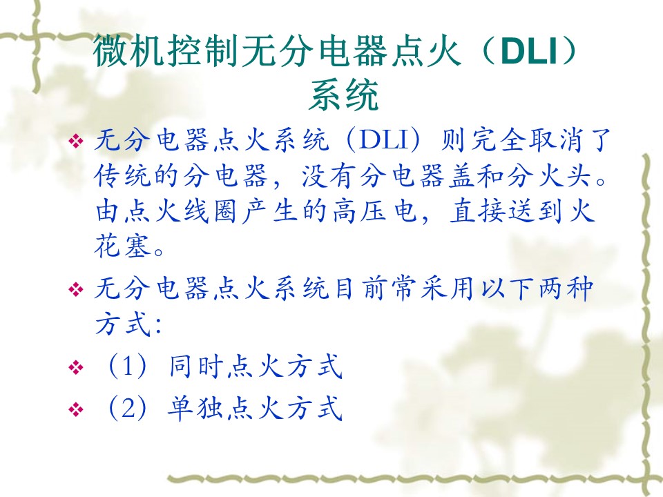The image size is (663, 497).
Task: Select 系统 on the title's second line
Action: [343, 95]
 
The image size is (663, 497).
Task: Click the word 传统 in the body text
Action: [123, 175]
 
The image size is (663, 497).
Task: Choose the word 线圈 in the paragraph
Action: [211, 211]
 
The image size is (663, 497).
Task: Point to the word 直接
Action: [478, 211]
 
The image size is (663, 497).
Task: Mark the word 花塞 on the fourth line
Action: [123, 246]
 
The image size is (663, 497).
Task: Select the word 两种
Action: [566, 289]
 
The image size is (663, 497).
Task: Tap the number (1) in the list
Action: [128, 367]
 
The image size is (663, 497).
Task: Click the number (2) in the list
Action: [128, 409]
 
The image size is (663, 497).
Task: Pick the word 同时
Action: [196, 367]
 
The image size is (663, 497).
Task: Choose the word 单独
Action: [196, 409]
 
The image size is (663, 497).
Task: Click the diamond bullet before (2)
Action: [76, 409]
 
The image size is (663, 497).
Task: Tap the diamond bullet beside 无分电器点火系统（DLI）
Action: [76, 141]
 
